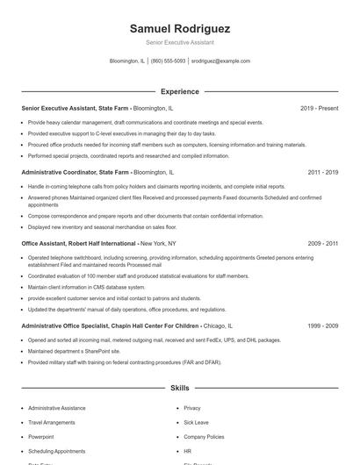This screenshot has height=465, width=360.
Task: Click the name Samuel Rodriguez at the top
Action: tap(179, 27)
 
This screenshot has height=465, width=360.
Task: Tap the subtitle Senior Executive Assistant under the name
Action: tap(179, 42)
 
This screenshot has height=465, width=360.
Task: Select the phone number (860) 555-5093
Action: tap(169, 61)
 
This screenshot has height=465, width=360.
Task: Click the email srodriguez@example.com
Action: tap(221, 61)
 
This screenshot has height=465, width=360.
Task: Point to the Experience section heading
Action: tap(179, 90)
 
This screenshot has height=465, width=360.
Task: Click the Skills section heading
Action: tap(179, 387)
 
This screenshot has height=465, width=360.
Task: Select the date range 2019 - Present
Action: tap(319, 108)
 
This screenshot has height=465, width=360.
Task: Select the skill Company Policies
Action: tap(204, 436)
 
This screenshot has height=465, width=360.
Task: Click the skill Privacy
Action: tap(192, 408)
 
